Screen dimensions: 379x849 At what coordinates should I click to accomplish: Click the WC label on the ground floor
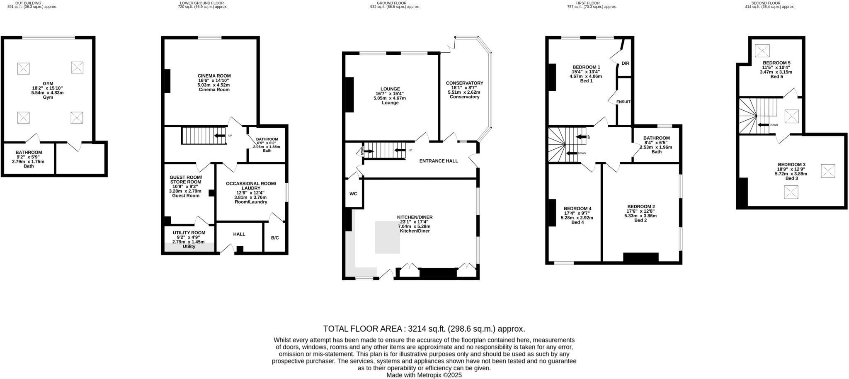click(353, 194)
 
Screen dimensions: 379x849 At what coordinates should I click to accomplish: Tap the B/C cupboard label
click(275, 238)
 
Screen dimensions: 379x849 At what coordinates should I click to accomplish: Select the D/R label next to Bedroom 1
click(626, 63)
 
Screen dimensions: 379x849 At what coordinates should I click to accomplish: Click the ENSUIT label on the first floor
click(623, 102)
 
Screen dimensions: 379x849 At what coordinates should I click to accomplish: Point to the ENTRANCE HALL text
click(439, 161)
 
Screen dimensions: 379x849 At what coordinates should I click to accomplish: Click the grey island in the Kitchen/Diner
click(387, 237)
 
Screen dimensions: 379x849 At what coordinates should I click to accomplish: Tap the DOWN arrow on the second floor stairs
click(763, 125)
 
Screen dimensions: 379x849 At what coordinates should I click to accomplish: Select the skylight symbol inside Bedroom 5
click(762, 51)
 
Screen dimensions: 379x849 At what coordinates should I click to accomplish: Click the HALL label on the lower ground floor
click(239, 234)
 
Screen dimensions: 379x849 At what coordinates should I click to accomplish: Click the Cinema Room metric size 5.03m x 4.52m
click(214, 85)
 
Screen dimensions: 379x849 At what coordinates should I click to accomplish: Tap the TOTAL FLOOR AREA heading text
click(424, 329)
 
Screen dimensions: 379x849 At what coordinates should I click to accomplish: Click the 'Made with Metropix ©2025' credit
click(424, 375)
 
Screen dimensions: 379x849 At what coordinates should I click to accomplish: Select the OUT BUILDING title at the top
click(28, 3)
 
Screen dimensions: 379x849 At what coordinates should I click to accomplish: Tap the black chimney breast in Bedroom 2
click(640, 257)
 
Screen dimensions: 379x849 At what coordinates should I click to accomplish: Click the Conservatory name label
click(464, 83)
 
